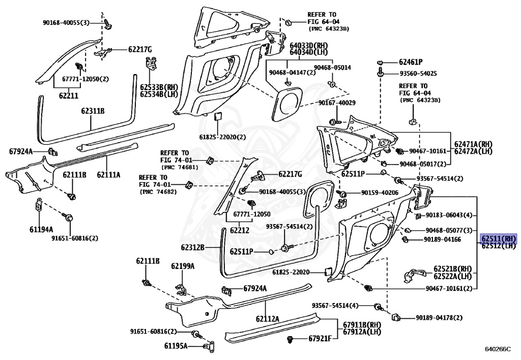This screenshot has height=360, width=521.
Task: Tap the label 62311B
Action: [93, 110]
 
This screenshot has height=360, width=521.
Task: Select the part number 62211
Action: [69, 96]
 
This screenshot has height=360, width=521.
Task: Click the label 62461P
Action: [411, 62]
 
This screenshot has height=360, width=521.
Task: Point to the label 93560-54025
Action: [418, 73]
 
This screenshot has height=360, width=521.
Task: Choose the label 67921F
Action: [320, 339]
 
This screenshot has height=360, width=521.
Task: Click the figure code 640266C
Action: [498, 349]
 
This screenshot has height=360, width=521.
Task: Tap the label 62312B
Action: [193, 247]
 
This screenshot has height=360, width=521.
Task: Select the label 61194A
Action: [41, 229]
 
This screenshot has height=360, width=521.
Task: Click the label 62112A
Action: [268, 319]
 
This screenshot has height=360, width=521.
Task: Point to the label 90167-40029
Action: [337, 103]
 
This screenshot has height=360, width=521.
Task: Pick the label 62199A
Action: [183, 266]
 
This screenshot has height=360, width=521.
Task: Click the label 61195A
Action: [176, 346]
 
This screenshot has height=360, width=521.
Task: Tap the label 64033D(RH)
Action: [309, 45]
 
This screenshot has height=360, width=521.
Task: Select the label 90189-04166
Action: [442, 239]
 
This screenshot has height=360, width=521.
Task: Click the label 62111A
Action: [108, 174]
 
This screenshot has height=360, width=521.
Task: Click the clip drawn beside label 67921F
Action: [291, 340]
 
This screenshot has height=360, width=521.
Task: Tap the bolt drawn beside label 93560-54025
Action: [381, 73]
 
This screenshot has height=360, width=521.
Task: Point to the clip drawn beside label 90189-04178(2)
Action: [395, 317]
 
